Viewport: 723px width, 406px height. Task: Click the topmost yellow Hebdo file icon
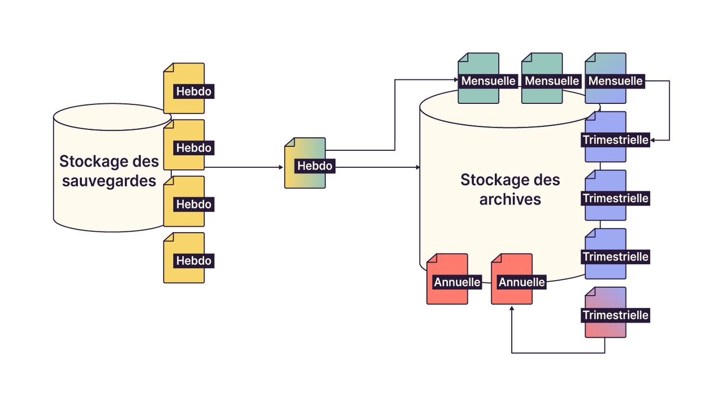point(184,89)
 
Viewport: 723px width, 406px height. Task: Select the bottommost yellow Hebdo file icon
point(184,258)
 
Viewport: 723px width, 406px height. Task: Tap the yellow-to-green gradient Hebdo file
point(305,163)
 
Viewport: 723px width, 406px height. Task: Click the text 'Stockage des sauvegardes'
point(109,171)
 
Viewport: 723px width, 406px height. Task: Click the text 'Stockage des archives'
point(510,189)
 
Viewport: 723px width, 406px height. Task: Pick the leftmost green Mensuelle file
point(478,78)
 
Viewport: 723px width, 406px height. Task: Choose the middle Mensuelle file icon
point(542,78)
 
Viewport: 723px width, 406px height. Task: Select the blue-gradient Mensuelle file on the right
point(606,78)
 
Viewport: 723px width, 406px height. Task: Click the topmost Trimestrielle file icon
point(606,137)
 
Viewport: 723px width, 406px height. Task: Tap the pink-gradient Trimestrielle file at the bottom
point(606,312)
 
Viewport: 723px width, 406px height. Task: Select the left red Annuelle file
point(447,279)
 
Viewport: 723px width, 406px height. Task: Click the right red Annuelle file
point(512,279)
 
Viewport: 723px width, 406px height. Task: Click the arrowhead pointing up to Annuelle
point(512,309)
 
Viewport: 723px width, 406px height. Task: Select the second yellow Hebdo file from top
point(184,145)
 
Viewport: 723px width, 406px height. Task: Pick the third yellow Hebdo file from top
point(184,202)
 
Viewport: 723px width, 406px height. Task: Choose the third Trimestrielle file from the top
point(606,254)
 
